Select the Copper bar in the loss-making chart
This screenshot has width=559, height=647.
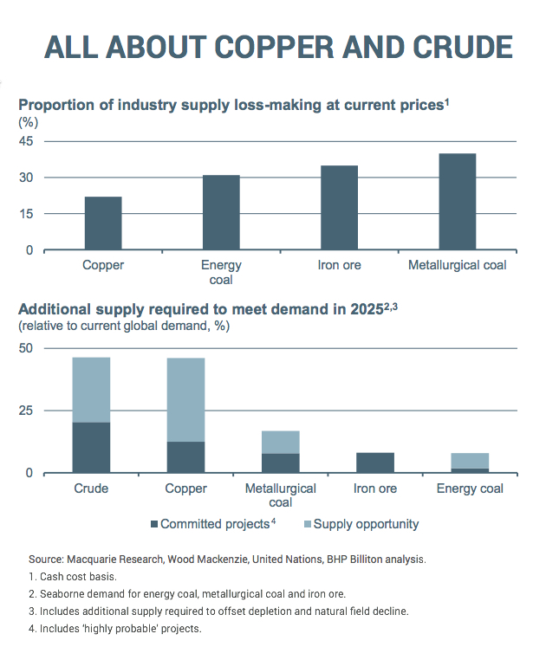tap(103, 223)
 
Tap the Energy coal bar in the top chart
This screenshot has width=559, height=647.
tap(221, 212)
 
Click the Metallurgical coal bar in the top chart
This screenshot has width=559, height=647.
tap(457, 202)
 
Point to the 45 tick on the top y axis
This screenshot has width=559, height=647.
tap(26, 141)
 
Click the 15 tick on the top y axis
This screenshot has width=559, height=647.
tap(26, 214)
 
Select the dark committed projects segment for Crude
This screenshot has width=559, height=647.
tap(91, 448)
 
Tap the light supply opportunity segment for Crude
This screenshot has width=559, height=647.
tap(91, 390)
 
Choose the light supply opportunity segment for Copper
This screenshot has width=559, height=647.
tap(185, 399)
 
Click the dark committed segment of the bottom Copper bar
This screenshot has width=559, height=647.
tap(185, 457)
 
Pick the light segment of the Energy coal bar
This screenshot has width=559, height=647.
tap(470, 460)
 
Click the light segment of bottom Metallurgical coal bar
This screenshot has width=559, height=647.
tap(280, 442)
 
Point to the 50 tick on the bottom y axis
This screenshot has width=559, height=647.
tap(26, 348)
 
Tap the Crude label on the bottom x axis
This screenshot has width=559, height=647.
tap(91, 488)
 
